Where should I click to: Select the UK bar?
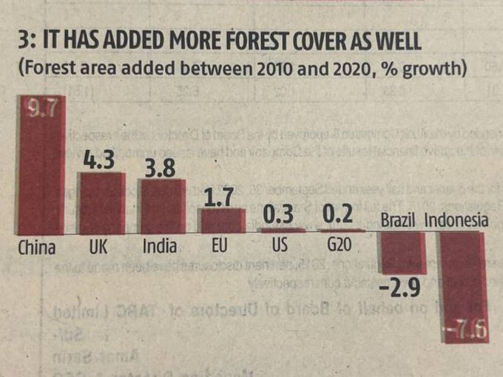(x=102, y=203)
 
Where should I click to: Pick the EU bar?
(x=221, y=221)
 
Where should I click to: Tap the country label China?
(x=37, y=247)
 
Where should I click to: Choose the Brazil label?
(x=400, y=220)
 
